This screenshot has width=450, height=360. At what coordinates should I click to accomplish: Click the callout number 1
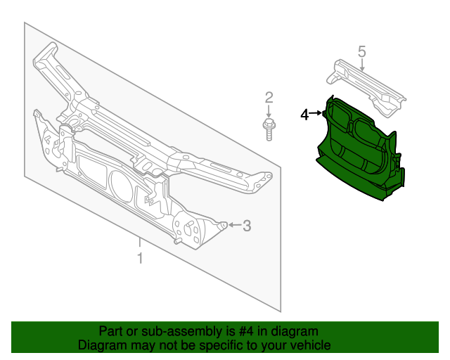pyautogui.click(x=140, y=259)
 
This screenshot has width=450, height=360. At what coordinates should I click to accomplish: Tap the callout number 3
pyautogui.click(x=246, y=226)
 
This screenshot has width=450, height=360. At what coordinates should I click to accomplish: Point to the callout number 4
pyautogui.click(x=304, y=114)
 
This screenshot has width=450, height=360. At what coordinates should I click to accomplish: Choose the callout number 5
pyautogui.click(x=361, y=51)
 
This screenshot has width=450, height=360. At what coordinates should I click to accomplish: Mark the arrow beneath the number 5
pyautogui.click(x=361, y=65)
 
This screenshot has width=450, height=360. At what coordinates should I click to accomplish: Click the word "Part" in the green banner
pyautogui.click(x=112, y=331)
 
